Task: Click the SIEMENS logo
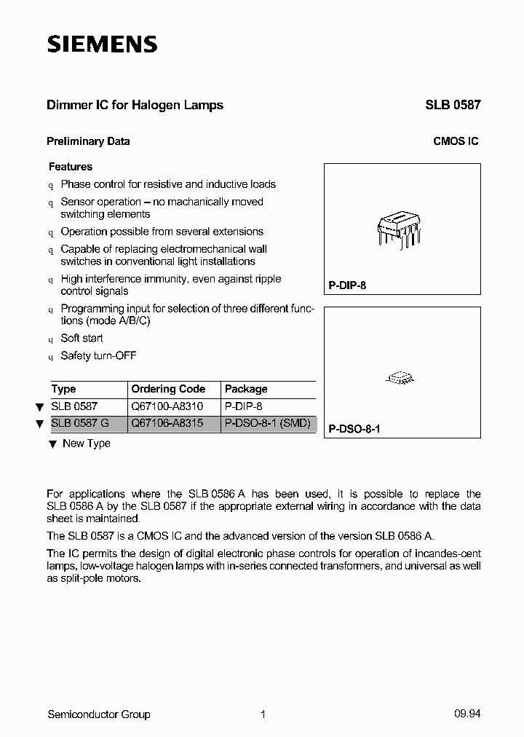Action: pyautogui.click(x=102, y=44)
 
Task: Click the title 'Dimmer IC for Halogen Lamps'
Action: pyautogui.click(x=135, y=105)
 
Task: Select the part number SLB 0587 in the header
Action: pyautogui.click(x=453, y=105)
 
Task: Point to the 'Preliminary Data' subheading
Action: pyautogui.click(x=88, y=141)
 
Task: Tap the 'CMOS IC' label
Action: pyautogui.click(x=456, y=141)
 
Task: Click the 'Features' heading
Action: pyautogui.click(x=70, y=167)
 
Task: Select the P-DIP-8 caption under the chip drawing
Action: pyautogui.click(x=347, y=285)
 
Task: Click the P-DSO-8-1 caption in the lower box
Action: pyautogui.click(x=354, y=429)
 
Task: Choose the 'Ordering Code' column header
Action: pyautogui.click(x=168, y=389)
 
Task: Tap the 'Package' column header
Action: pyautogui.click(x=246, y=389)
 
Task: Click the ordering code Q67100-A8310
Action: pyautogui.click(x=167, y=407)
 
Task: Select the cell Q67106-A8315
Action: pyautogui.click(x=167, y=424)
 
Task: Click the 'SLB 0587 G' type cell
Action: pyautogui.click(x=81, y=424)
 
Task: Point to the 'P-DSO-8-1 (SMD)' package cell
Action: pyautogui.click(x=268, y=424)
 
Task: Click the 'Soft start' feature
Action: pyautogui.click(x=82, y=338)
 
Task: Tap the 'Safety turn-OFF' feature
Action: pyautogui.click(x=98, y=355)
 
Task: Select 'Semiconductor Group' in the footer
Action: pyautogui.click(x=98, y=714)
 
